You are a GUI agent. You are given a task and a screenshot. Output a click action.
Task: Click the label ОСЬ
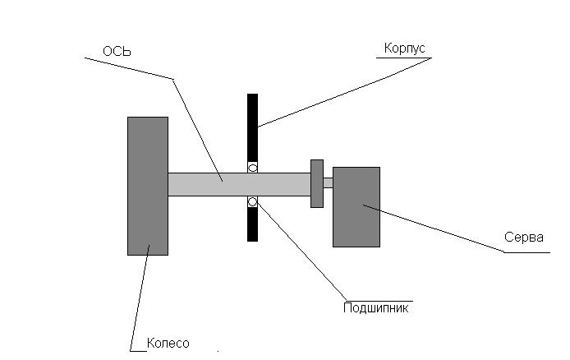coord(117,51)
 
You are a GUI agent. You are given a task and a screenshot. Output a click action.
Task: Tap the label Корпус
coord(404,48)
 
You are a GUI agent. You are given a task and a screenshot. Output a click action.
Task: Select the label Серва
coord(524,238)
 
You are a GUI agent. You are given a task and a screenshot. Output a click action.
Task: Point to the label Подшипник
coord(376,308)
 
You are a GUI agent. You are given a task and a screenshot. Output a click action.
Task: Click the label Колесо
coord(168,343)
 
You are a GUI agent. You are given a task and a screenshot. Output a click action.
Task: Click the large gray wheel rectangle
coord(148,186)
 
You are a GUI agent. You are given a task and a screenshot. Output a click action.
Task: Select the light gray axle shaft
coord(239,184)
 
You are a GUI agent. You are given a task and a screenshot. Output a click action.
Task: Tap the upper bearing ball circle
coord(253,168)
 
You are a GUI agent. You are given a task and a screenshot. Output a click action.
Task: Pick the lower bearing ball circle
coord(253,201)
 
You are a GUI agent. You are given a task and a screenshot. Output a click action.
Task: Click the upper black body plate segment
coord(253,127)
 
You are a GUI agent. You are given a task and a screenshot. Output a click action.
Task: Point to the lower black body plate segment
coord(253,224)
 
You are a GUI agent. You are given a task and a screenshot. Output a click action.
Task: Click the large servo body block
coord(356,207)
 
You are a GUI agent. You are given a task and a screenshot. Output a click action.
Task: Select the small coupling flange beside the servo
coord(317,183)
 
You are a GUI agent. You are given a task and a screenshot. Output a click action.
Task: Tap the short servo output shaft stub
coord(328,182)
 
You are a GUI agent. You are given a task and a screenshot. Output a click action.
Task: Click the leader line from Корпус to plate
coord(345,92)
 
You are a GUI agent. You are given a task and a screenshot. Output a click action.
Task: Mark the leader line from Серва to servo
coord(434,228)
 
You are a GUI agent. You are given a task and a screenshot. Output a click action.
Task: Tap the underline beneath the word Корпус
coord(404,58)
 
